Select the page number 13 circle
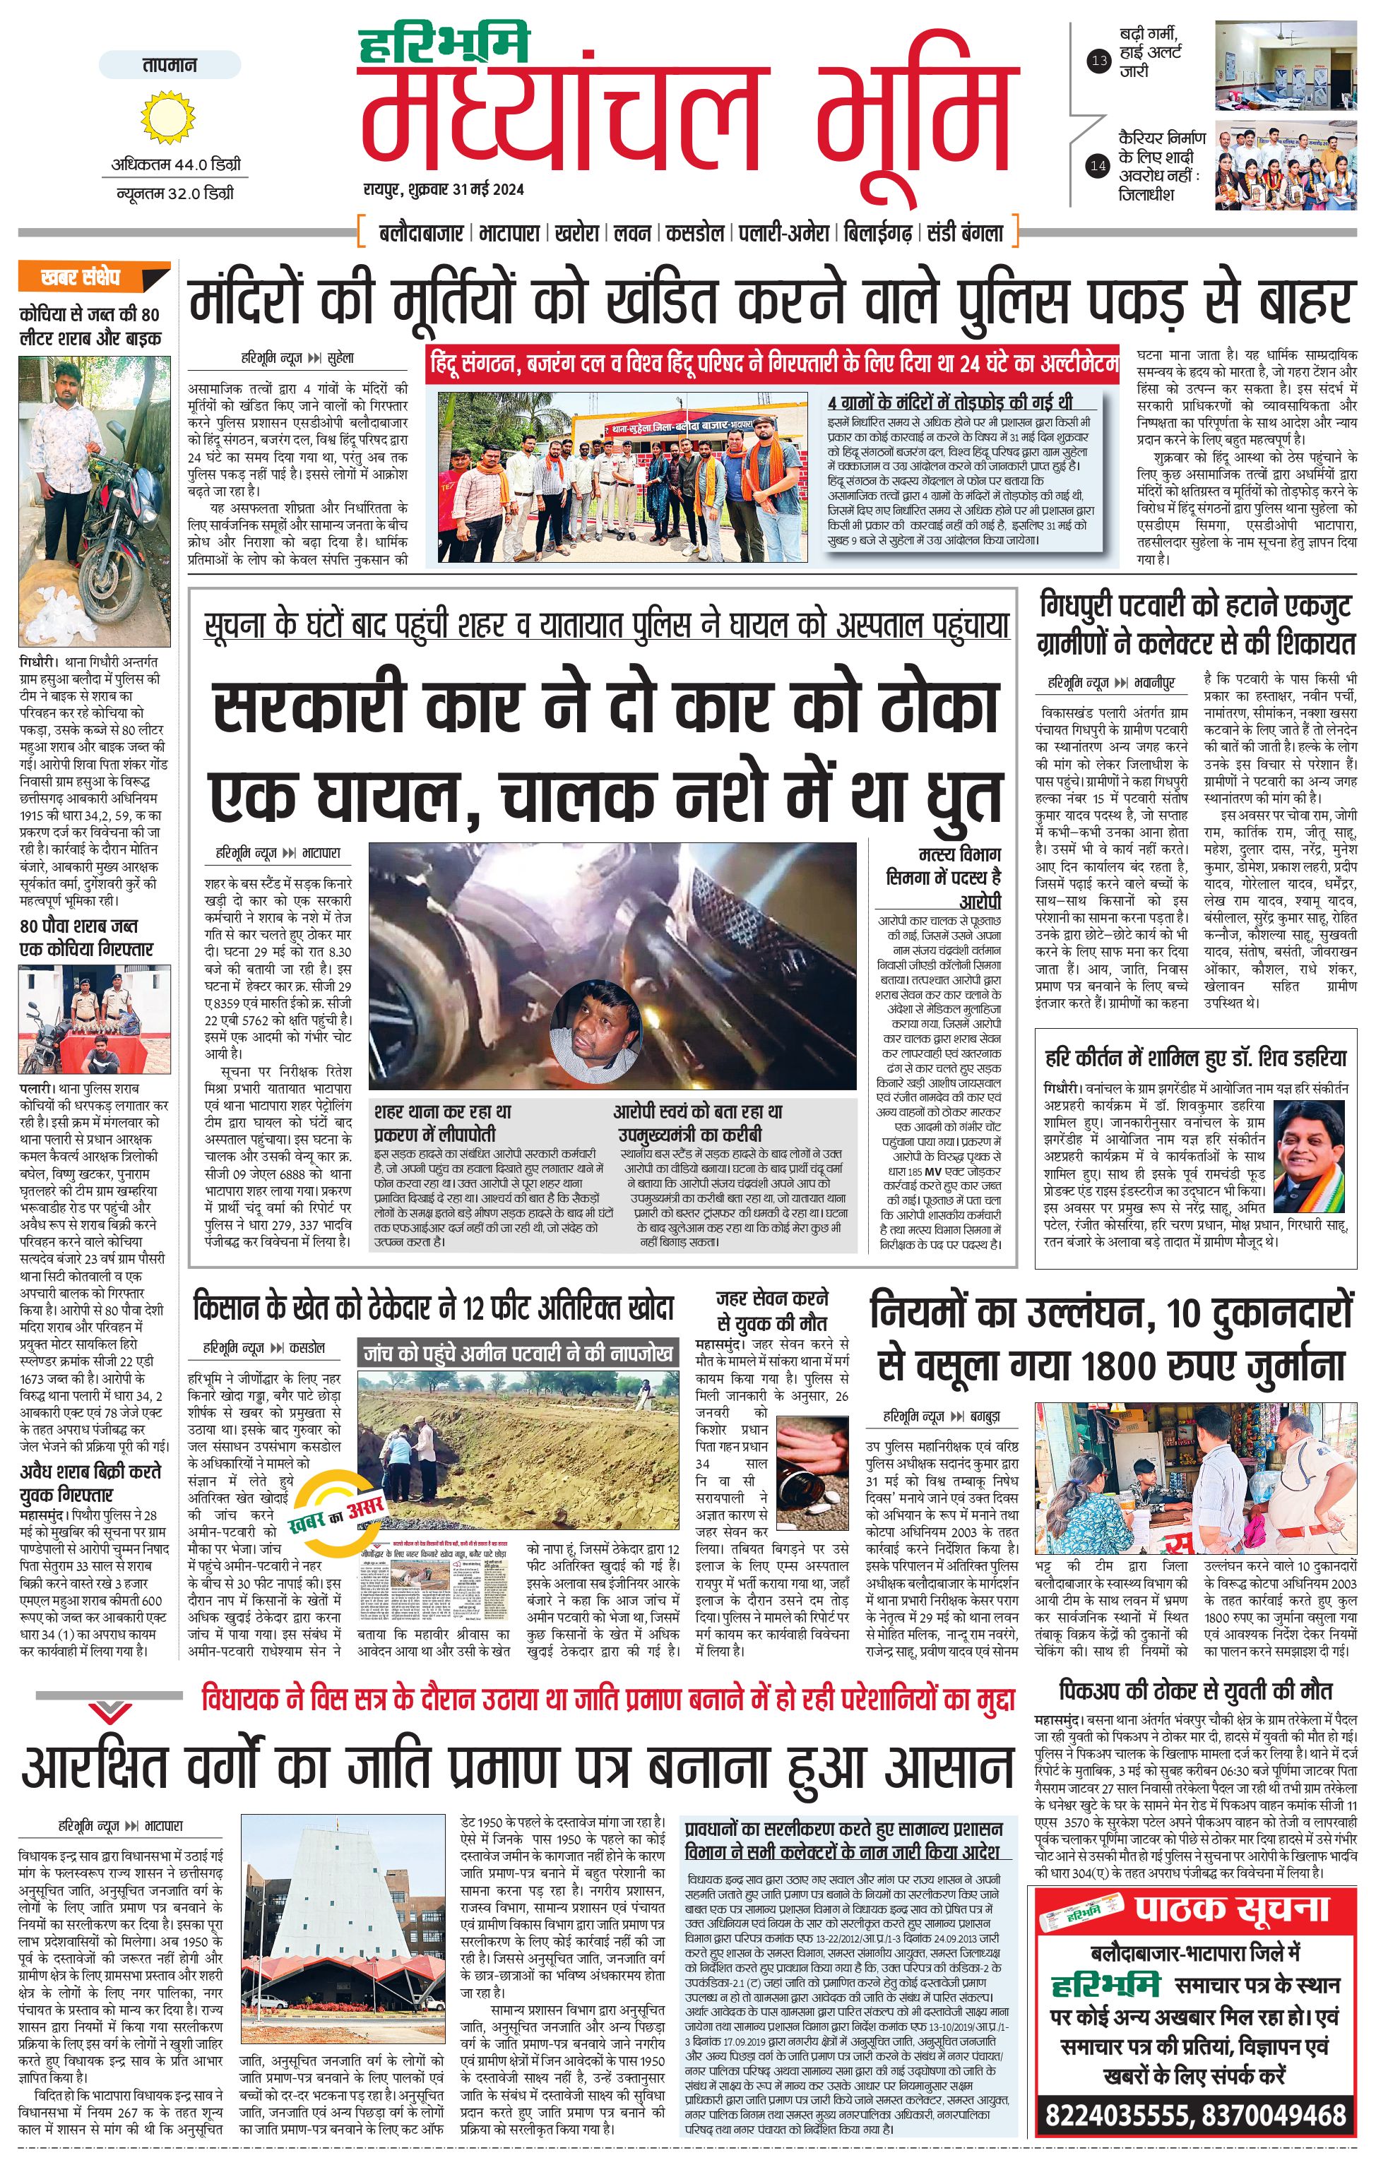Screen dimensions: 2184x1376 [x=1099, y=61]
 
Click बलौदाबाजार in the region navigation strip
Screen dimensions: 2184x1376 [x=421, y=233]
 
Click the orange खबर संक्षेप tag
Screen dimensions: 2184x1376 [x=93, y=278]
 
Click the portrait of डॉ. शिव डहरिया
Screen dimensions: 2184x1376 [x=1312, y=1157]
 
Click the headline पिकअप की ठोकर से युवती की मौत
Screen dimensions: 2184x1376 [x=1194, y=1690]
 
